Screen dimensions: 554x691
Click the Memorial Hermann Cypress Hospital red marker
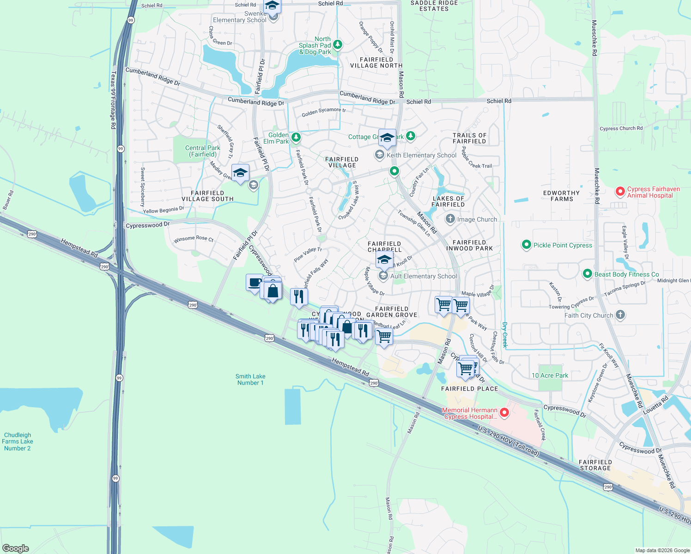pyautogui.click(x=504, y=412)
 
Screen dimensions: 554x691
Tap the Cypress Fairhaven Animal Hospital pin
pyautogui.click(x=620, y=192)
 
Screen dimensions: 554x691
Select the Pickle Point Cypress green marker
pyautogui.click(x=526, y=245)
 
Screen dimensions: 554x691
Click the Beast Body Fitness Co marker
pyautogui.click(x=587, y=274)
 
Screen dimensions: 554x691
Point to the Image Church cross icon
pyautogui.click(x=450, y=219)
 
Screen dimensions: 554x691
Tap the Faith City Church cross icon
pyautogui.click(x=620, y=315)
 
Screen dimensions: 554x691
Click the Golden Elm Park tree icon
pyautogui.click(x=296, y=137)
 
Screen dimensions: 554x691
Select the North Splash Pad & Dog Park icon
pyautogui.click(x=338, y=45)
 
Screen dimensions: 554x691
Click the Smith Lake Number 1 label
pyautogui.click(x=250, y=379)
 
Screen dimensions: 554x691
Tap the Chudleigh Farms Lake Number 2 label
pyautogui.click(x=18, y=441)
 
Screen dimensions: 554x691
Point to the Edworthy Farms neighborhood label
pyautogui.click(x=561, y=196)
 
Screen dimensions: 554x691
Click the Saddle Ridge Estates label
pyautogui.click(x=434, y=6)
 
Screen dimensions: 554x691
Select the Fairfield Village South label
pyautogui.click(x=207, y=196)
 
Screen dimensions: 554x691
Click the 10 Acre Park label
pyautogui.click(x=550, y=375)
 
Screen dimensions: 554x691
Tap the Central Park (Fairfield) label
pyautogui.click(x=203, y=151)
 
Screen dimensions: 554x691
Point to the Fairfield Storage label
pyautogui.click(x=595, y=465)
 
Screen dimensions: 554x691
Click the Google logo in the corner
pyautogui.click(x=16, y=548)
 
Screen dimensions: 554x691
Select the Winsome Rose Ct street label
pyautogui.click(x=194, y=239)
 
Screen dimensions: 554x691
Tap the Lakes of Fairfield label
pyautogui.click(x=448, y=202)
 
